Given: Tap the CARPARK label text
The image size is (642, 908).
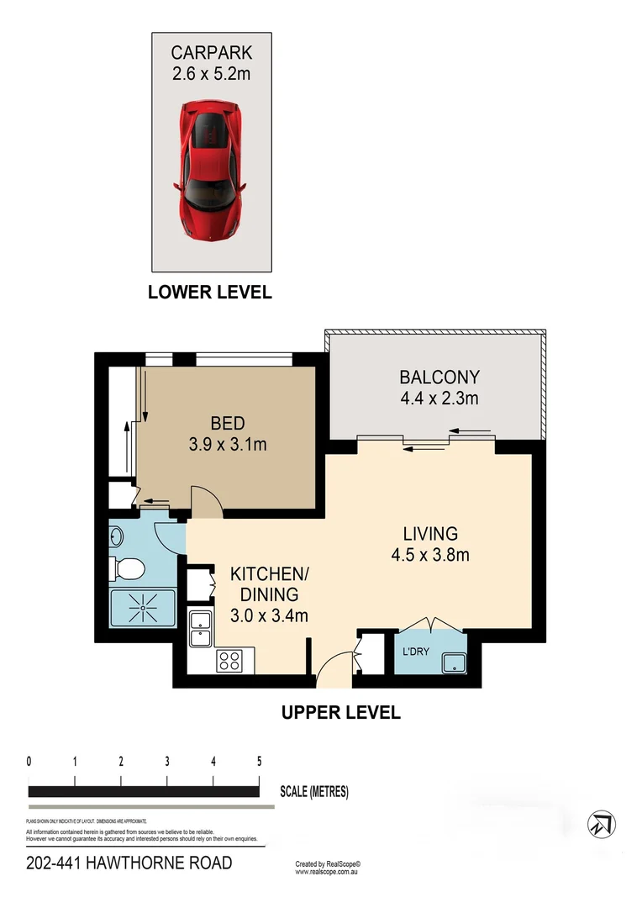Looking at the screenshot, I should pyautogui.click(x=211, y=53).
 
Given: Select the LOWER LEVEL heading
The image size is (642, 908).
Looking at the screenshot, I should pyautogui.click(x=210, y=293).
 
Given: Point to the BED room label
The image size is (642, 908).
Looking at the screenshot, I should pyautogui.click(x=227, y=423).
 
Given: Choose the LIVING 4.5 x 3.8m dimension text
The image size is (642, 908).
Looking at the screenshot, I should pyautogui.click(x=429, y=554).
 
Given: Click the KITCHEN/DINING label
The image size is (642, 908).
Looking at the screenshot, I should pyautogui.click(x=269, y=575).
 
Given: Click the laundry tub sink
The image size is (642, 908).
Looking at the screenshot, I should pyautogui.click(x=455, y=663).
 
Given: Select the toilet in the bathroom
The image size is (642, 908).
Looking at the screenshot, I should pyautogui.click(x=127, y=569).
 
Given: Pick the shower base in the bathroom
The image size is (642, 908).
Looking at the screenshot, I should pyautogui.click(x=143, y=609).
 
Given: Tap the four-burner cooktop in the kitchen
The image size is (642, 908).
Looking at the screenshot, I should pyautogui.click(x=229, y=661).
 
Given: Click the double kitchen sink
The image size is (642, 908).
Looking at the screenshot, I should pyautogui.click(x=200, y=630).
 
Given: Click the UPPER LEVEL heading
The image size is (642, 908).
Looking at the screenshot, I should pyautogui.click(x=341, y=713).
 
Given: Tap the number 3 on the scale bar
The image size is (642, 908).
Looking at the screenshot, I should pyautogui.click(x=167, y=762).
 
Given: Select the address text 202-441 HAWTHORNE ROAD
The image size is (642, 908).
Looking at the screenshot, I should pyautogui.click(x=129, y=863).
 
